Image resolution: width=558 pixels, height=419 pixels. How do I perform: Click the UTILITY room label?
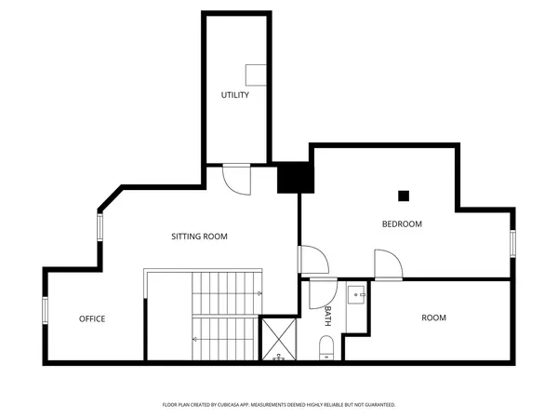(234, 95)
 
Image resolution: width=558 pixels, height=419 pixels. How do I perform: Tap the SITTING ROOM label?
(199, 237)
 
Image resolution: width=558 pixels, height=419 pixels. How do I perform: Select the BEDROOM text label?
(402, 224)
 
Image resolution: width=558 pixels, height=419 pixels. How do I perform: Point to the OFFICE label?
(91, 319)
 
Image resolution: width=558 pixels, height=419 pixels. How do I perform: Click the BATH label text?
(328, 316)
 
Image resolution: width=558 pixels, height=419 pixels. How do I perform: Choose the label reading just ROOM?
(433, 318)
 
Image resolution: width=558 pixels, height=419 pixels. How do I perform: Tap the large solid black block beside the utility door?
(294, 178)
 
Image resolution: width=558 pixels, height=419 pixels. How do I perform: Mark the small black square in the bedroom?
(404, 196)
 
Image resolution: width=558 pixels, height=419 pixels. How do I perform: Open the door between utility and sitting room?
(237, 179)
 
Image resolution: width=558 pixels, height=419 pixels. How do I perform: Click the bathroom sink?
(357, 296)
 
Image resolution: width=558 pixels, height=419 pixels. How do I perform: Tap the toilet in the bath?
(325, 349)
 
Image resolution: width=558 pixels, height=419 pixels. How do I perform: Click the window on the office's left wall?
(45, 310)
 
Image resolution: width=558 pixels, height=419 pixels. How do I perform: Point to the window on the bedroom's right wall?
(511, 243)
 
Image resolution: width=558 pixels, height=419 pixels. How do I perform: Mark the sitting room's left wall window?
(100, 227)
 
